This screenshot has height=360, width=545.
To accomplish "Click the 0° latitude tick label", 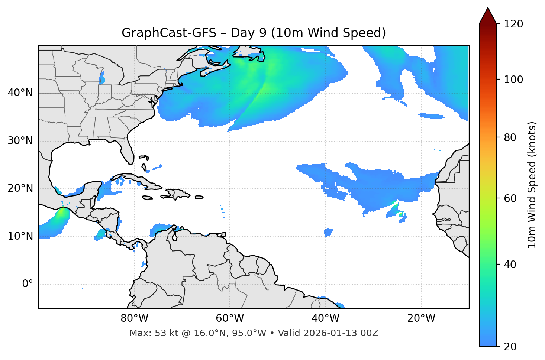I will pos(28,284).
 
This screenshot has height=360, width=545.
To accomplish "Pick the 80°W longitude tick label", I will pos(134,318).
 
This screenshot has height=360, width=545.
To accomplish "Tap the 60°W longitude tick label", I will pos(230,318).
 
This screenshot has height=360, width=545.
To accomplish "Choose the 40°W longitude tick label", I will pos(325,318).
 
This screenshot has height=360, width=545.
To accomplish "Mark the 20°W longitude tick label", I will pos(421,318).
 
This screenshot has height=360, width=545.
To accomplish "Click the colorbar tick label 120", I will pos(513,24).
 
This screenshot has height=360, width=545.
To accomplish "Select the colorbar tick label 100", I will pos(513,80).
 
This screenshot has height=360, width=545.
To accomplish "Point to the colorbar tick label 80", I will pos(510,138).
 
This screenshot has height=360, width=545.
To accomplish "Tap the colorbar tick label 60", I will pos(510,198).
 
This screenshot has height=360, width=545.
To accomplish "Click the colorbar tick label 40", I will pos(510,265).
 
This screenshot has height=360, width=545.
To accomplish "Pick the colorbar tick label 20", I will pos(510,347).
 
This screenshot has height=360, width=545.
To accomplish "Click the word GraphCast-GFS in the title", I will pos(169,33).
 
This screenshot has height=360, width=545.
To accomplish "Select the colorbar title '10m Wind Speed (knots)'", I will pos(532,185).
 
